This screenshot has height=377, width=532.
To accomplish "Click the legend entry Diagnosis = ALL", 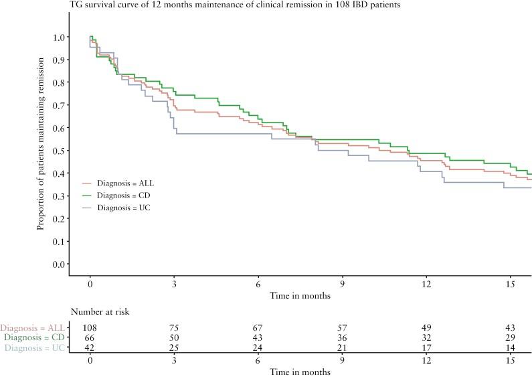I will tap(126, 182).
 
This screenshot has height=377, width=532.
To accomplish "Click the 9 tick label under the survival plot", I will tap(343, 283).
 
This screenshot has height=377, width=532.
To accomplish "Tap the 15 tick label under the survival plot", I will tap(511, 283).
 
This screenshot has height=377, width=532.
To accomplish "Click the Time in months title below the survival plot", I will tap(300, 295).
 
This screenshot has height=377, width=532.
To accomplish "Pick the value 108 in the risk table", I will tap(90, 327).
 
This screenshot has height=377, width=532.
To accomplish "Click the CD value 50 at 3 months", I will tap(174, 337).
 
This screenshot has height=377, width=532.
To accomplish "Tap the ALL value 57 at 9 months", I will tap(343, 327).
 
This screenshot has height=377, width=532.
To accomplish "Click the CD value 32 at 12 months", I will tap(426, 337).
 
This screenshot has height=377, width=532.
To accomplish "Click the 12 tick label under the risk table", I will tap(426, 360).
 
